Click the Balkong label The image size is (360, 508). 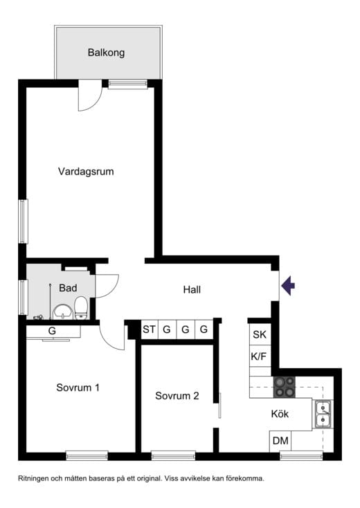tap(106, 53)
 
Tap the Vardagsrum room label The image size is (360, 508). tap(86, 171)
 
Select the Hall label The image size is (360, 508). tap(192, 290)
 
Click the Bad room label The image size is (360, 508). tap(68, 288)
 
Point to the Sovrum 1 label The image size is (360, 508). tap(78, 388)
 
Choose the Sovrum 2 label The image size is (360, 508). tap(177, 396)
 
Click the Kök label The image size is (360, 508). tap(280, 414)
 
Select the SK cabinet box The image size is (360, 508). tap(259, 335)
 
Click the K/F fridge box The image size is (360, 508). tap(259, 356)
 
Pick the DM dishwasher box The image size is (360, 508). tap(280, 441)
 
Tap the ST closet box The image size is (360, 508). tap(149, 330)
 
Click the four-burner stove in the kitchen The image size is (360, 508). tap(284, 386)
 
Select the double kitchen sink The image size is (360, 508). tap(323, 413)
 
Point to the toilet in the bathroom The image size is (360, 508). tap(81, 307)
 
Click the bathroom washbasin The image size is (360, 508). tap(62, 311)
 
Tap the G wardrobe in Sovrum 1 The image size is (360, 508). tap(52, 332)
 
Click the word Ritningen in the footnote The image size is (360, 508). tap(36, 478)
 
